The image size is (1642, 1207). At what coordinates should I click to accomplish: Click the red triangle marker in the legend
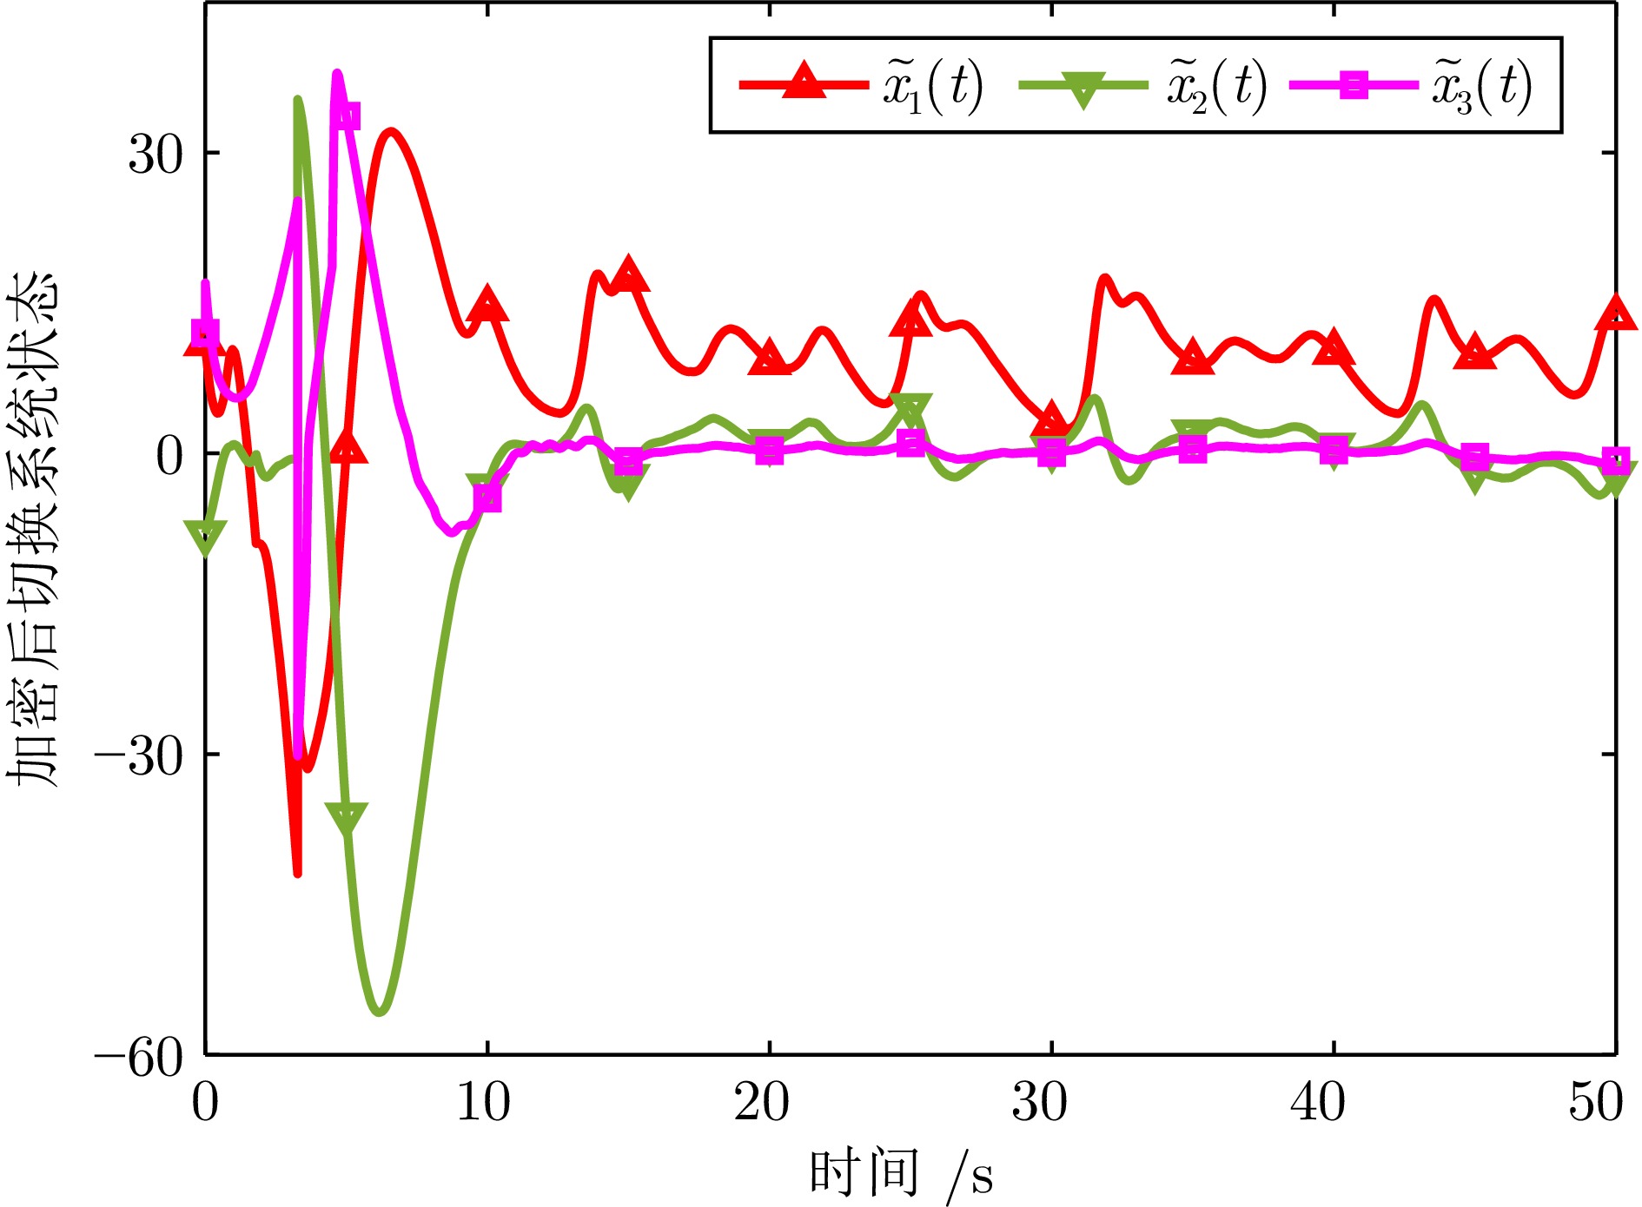coord(804,82)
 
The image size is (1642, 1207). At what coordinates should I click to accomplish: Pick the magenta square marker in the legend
coord(1354,85)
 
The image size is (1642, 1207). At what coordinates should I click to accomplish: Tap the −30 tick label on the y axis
coord(139,755)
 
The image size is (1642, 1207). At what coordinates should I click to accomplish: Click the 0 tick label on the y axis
coord(170,454)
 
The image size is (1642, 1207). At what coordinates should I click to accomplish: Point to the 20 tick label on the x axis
coord(761,1103)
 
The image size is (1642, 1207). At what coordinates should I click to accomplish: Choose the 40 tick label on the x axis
coord(1318,1103)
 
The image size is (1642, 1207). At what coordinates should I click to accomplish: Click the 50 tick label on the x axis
coord(1596,1103)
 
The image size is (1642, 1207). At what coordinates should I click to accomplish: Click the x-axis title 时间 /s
coord(901,1174)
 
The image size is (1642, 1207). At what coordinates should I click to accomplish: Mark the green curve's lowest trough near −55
coord(380,1011)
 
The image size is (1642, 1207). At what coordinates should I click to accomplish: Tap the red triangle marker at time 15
coord(628,275)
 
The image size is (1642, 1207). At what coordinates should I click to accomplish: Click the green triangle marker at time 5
coord(347,818)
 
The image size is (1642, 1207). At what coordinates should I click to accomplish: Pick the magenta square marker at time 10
coord(487,498)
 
